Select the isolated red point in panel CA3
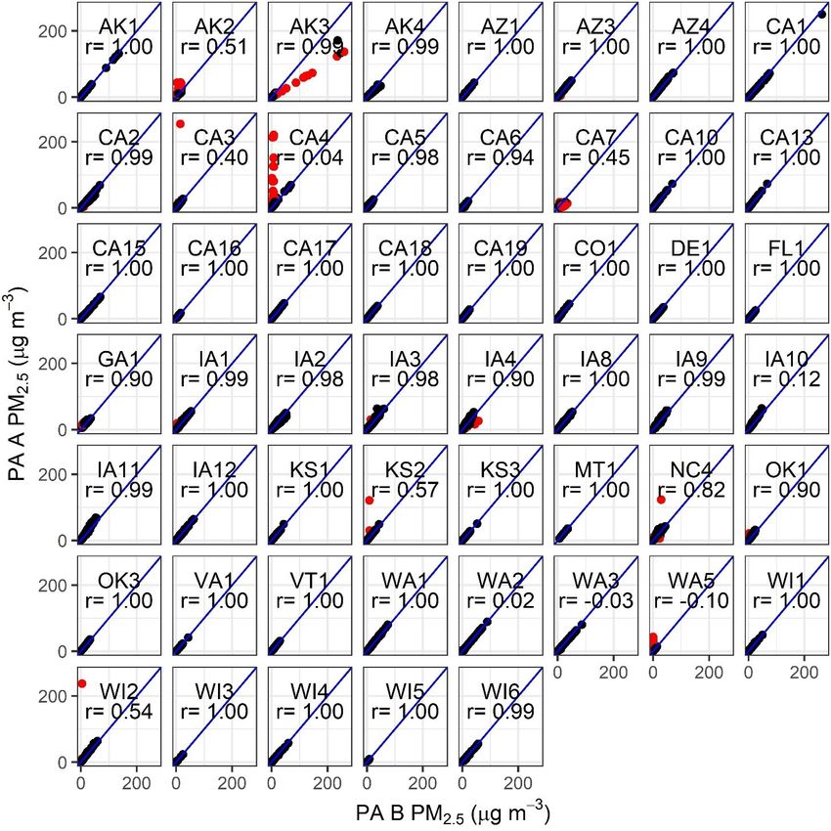click(x=181, y=124)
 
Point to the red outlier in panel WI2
click(x=82, y=682)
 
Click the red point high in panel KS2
click(x=370, y=501)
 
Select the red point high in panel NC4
click(x=662, y=500)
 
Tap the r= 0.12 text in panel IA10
click(x=791, y=379)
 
